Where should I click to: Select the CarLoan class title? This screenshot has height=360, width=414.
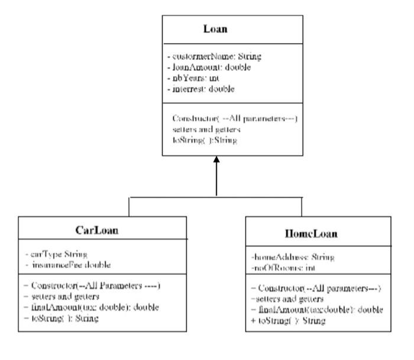point(98,229)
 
